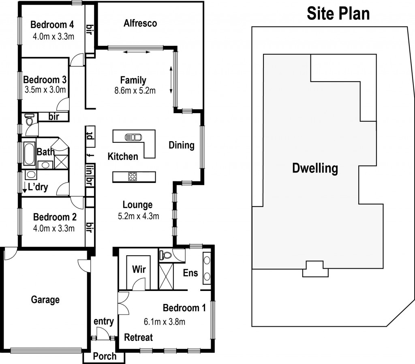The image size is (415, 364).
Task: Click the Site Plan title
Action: point(338,13)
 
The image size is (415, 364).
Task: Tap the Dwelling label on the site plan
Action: point(315,168)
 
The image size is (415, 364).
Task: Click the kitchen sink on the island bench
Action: point(133,137)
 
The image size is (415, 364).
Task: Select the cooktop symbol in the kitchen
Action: point(133,176)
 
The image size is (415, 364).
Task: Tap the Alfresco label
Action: point(140,23)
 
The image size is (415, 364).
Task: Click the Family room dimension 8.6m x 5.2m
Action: point(135,91)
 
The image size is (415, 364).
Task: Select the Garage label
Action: point(45,300)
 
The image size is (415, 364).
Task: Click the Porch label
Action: point(105,356)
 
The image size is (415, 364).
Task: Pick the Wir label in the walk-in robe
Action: point(139,269)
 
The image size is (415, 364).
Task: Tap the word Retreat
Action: point(138,337)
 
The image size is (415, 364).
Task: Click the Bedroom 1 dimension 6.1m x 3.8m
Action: point(165,322)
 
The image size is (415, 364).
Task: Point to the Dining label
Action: point(181,145)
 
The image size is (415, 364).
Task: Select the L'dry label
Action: point(36,187)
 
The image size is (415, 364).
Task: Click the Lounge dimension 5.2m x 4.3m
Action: point(138,216)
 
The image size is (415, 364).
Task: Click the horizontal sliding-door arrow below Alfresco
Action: point(136,52)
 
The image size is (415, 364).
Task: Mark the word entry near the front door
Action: point(103,321)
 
